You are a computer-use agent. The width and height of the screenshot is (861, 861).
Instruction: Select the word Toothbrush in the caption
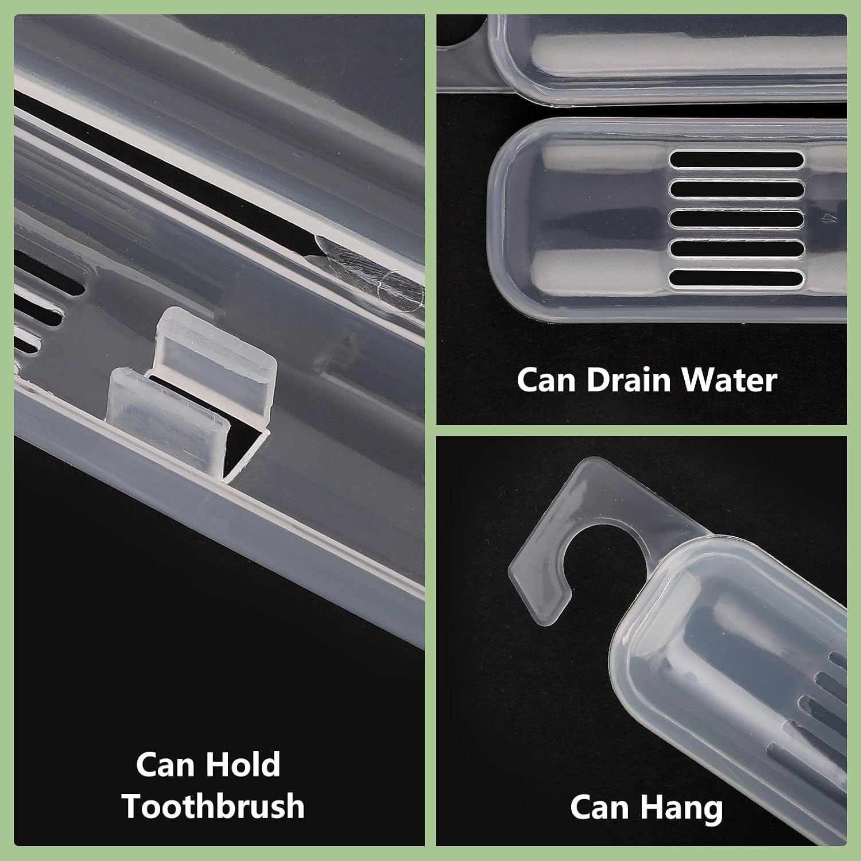point(213,806)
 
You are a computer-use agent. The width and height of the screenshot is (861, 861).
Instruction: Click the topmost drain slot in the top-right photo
point(736,159)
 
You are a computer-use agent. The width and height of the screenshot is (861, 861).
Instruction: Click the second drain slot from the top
point(736,189)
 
